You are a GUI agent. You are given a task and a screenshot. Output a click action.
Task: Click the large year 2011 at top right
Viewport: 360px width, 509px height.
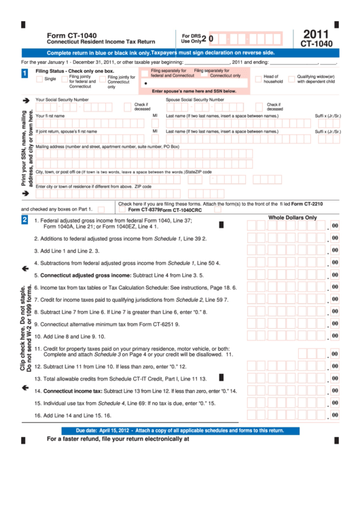click(316, 34)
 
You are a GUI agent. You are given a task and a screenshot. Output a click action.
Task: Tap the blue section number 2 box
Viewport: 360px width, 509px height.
click(25, 220)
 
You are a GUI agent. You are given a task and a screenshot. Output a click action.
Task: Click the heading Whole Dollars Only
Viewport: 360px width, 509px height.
click(292, 217)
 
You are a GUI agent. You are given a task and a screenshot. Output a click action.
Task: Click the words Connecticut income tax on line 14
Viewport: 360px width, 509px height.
click(73, 391)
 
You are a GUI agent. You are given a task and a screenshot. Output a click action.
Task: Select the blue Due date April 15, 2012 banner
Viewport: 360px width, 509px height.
click(180, 430)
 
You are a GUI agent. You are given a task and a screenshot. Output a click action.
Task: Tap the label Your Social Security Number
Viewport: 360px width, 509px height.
click(62, 99)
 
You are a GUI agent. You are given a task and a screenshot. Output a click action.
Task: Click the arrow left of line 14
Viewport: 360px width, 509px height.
click(25, 387)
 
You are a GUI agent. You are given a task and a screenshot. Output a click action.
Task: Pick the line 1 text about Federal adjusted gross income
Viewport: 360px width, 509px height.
click(115, 221)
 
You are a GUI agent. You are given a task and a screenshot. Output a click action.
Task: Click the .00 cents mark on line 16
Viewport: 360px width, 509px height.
click(334, 414)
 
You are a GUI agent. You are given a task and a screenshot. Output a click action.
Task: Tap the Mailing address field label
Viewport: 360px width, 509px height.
click(107, 146)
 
